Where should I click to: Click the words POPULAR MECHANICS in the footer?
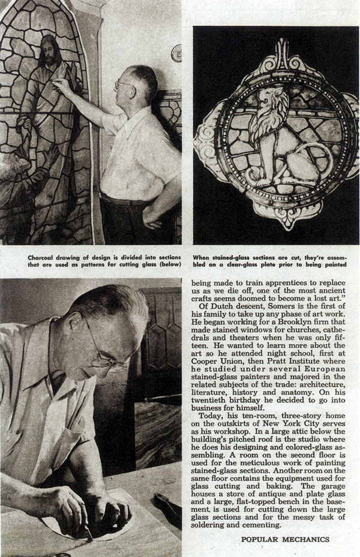(286, 539)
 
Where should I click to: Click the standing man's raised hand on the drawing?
(60, 85)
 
